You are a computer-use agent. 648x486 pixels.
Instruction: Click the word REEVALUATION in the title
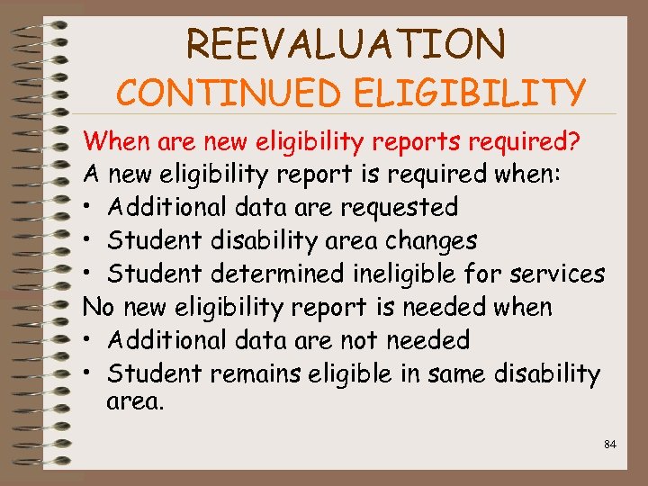[x=346, y=42]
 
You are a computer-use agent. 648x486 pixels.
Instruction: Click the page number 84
[x=610, y=444]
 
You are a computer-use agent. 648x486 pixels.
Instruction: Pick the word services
[x=560, y=274]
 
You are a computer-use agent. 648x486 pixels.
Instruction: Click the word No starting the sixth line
[x=97, y=307]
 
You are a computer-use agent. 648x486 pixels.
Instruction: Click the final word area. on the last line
[x=135, y=401]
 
